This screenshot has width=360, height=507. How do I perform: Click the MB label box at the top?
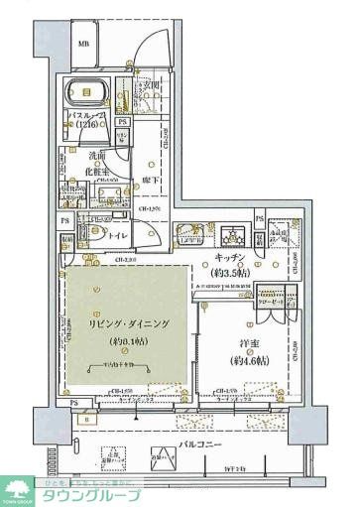pyautogui.click(x=84, y=44)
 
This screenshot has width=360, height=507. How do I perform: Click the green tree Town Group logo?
pyautogui.click(x=19, y=488)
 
